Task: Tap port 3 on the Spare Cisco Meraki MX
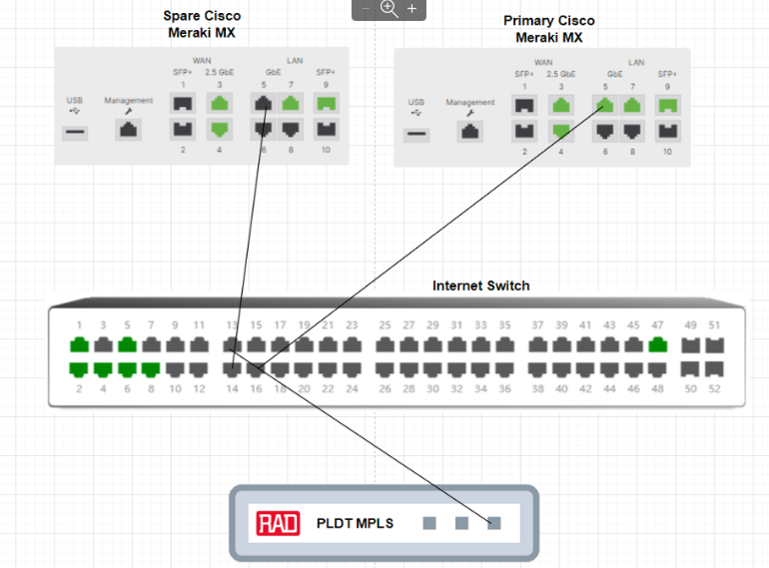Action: tap(220, 102)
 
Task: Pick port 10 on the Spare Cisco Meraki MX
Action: tap(327, 128)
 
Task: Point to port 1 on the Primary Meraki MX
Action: tap(524, 104)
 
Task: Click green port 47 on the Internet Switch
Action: tap(656, 345)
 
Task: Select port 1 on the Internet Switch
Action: tap(79, 345)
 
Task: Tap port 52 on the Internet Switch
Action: tap(714, 369)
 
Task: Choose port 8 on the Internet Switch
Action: tap(151, 369)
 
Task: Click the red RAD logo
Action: tap(278, 523)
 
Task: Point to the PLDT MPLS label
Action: tap(355, 523)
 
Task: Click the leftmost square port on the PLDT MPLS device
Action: tap(429, 523)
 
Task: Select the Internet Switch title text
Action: tap(480, 285)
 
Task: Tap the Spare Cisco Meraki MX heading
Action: tap(202, 24)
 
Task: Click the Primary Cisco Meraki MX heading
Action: tap(548, 29)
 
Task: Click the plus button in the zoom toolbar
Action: tap(411, 9)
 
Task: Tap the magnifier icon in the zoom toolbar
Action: tap(388, 9)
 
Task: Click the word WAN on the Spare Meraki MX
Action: tap(202, 60)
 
